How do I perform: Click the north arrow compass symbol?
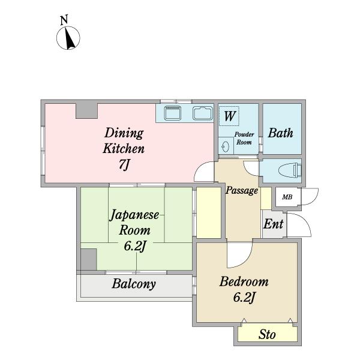click(68, 38)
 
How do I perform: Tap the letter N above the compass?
click(64, 20)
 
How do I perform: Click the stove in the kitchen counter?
click(172, 113)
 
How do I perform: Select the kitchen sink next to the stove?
click(203, 113)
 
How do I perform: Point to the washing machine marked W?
click(229, 116)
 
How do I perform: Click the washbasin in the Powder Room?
click(226, 146)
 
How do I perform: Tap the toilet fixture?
click(290, 170)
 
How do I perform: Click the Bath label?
click(281, 133)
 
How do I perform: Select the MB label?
click(287, 197)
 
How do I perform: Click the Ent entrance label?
click(273, 224)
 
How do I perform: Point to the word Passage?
click(242, 191)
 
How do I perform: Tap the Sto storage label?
click(267, 334)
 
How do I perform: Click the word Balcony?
click(134, 284)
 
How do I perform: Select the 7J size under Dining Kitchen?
click(124, 164)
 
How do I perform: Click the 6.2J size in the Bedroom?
click(244, 298)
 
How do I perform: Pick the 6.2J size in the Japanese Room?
click(135, 246)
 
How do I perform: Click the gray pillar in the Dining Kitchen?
click(86, 111)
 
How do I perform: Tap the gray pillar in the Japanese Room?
click(89, 259)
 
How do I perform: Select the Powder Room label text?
click(244, 139)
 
